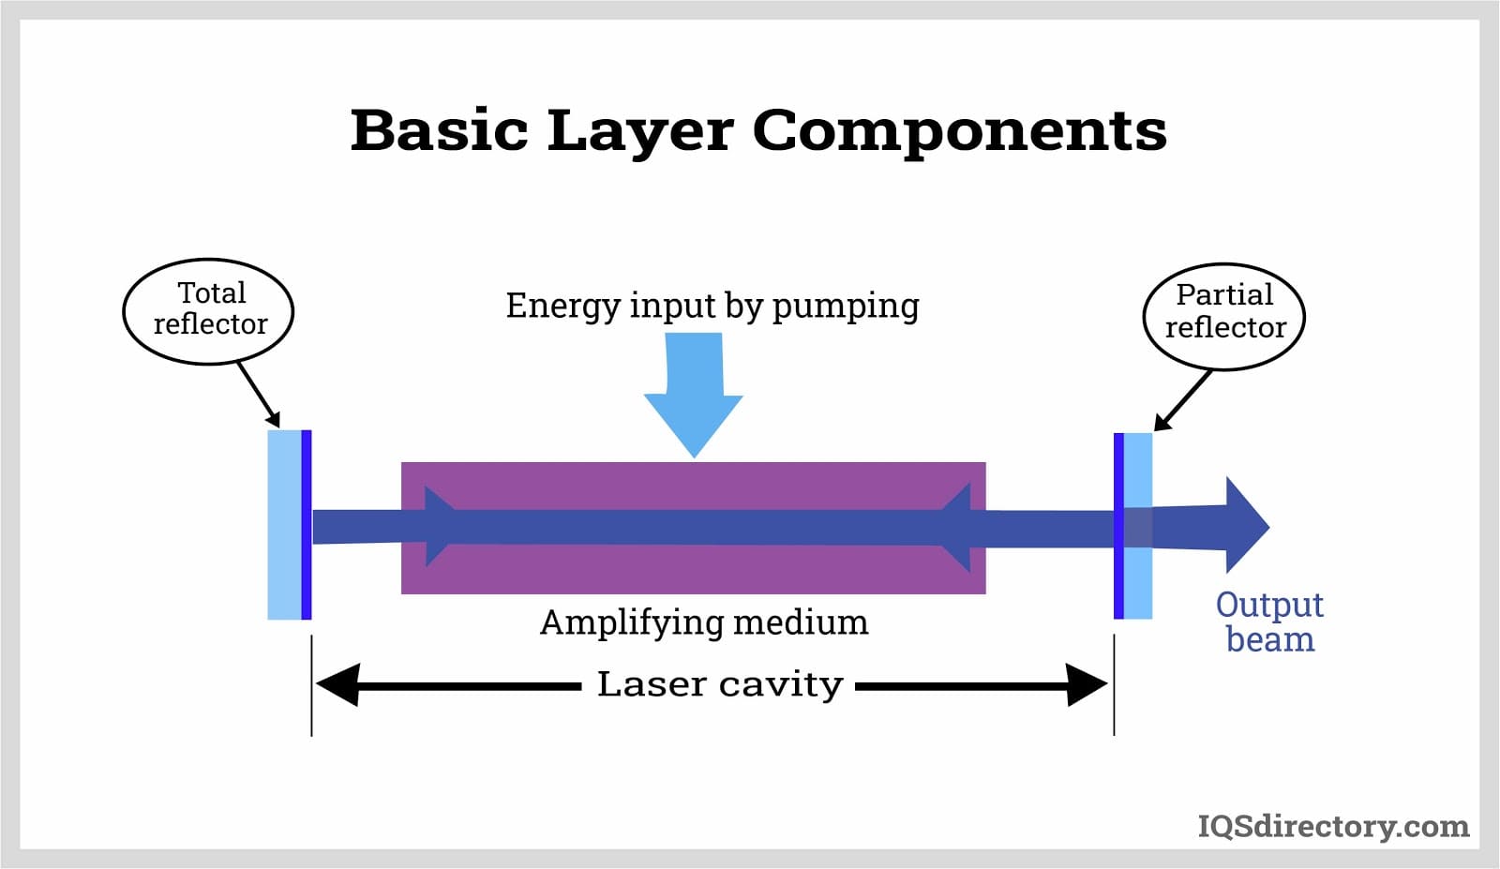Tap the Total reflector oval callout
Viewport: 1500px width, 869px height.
pyautogui.click(x=208, y=310)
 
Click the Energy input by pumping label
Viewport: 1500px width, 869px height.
pyautogui.click(x=712, y=306)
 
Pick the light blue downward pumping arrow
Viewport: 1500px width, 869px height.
pyautogui.click(x=694, y=394)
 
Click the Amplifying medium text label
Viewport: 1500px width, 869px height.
pyautogui.click(x=704, y=622)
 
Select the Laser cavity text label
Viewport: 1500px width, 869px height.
pyautogui.click(x=719, y=684)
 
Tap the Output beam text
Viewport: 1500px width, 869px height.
pyautogui.click(x=1269, y=622)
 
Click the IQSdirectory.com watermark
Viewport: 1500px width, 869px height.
pyautogui.click(x=1333, y=826)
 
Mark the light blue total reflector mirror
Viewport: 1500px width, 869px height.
pyautogui.click(x=285, y=525)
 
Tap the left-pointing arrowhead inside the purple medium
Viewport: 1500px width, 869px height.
pyautogui.click(x=956, y=527)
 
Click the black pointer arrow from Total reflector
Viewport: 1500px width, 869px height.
pyautogui.click(x=259, y=394)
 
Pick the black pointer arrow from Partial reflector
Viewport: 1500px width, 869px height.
pyautogui.click(x=1182, y=400)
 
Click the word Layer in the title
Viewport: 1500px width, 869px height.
pyautogui.click(x=639, y=131)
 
